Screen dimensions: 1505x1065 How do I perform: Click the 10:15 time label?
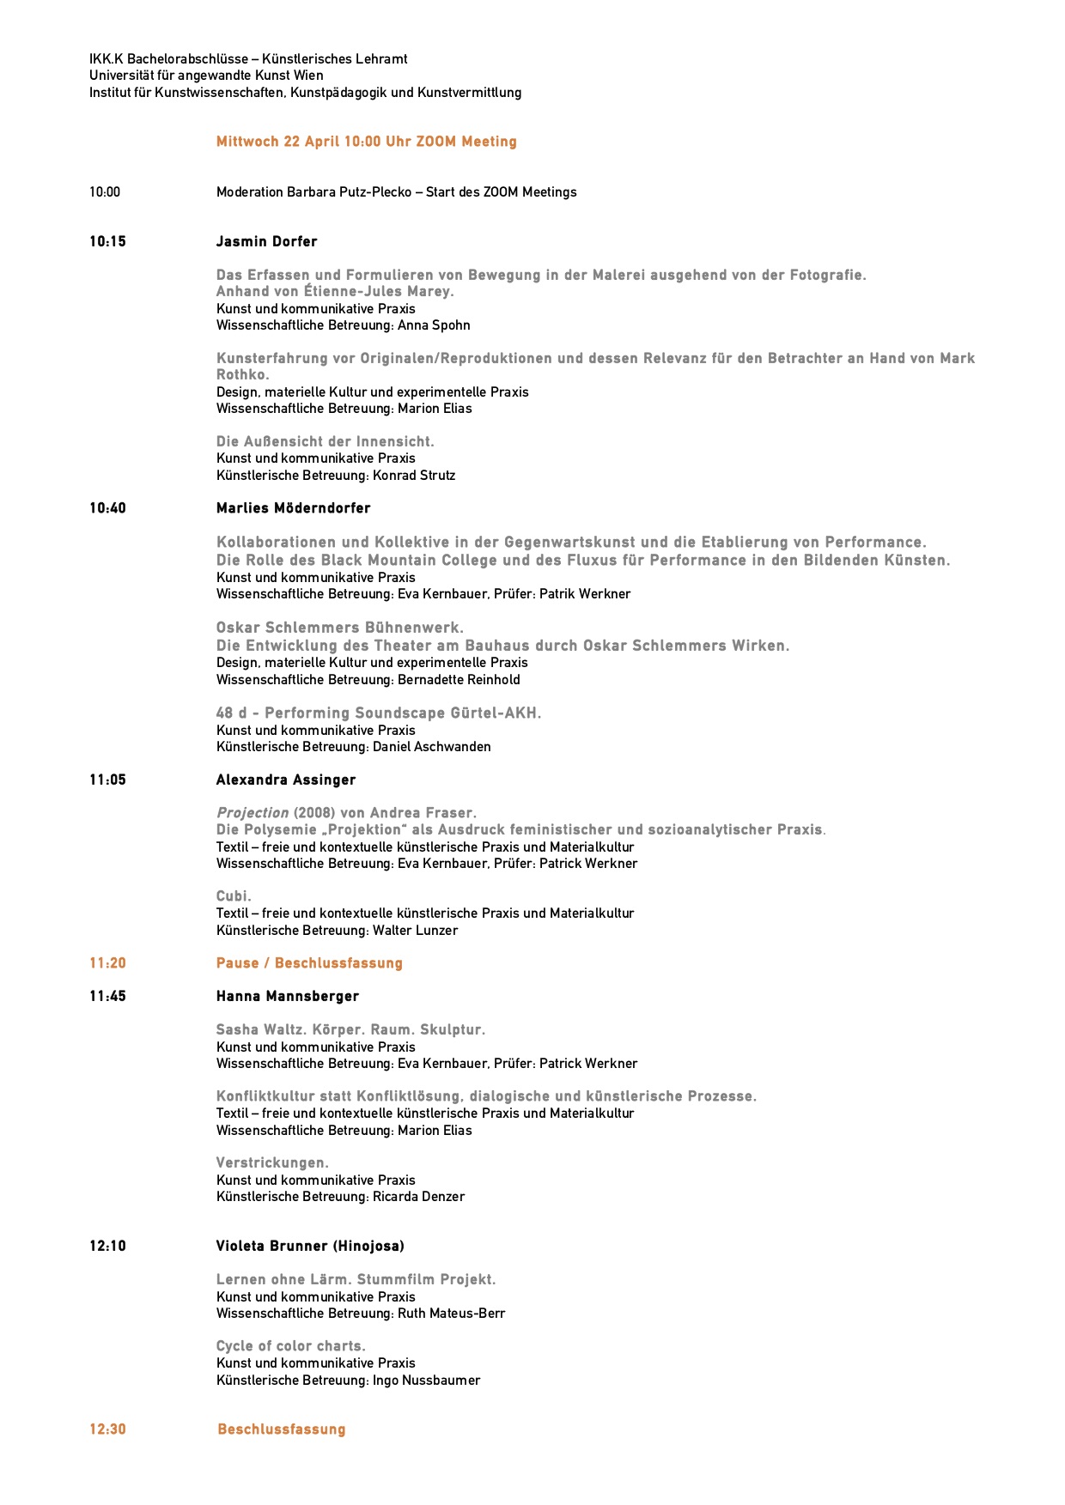107,242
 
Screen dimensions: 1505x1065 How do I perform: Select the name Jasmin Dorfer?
266,242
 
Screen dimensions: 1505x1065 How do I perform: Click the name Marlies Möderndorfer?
293,508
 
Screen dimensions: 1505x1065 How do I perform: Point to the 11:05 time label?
107,780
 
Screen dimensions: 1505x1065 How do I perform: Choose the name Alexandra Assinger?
285,780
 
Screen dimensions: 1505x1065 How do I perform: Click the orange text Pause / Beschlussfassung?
309,963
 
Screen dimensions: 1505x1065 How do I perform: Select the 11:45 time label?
107,997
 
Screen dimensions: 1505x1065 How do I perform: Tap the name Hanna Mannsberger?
287,997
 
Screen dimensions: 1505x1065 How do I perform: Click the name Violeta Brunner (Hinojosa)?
309,1247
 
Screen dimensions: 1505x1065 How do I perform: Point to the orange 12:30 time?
107,1429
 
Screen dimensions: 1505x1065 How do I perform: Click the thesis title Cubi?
234,896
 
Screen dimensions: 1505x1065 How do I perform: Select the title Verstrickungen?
272,1163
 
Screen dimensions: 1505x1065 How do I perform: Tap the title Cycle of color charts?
290,1346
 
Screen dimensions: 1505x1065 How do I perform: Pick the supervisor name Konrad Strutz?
414,476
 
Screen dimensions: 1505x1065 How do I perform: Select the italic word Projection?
253,813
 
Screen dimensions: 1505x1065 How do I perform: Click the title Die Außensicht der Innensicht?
325,442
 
